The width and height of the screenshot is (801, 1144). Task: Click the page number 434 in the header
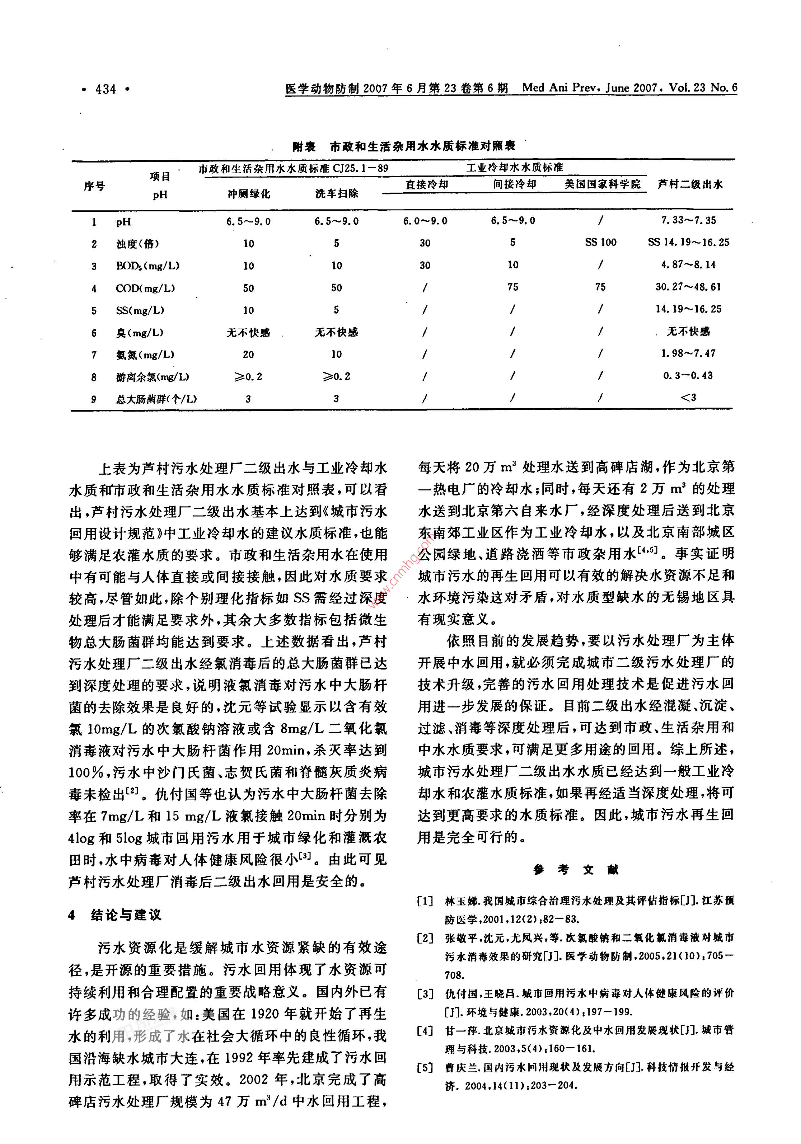[106, 90]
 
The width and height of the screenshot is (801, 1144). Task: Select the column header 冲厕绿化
[249, 193]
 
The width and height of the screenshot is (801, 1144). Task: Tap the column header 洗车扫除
[337, 193]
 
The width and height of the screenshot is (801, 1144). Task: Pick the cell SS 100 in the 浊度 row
[601, 243]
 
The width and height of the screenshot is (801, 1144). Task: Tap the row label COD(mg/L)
[145, 288]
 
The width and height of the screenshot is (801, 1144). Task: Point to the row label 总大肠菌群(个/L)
[156, 399]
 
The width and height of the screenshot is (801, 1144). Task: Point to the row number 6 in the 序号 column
[94, 332]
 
